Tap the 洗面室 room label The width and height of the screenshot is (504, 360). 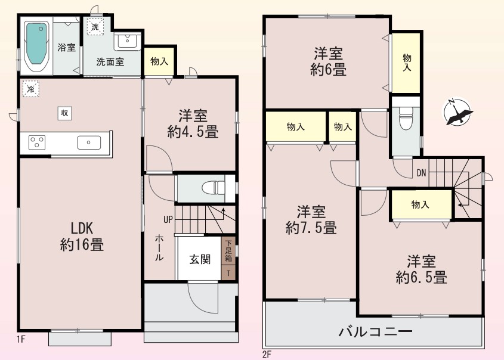tap(110, 61)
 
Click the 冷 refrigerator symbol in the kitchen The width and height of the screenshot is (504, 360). tap(31, 89)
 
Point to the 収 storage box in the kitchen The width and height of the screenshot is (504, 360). tap(64, 113)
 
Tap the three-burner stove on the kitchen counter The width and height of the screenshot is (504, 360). tap(37, 142)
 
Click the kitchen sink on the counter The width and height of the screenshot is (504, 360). tap(89, 142)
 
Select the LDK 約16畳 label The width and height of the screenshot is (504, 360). tap(82, 237)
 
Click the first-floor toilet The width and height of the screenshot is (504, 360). tap(214, 188)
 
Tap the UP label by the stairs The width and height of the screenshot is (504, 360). tap(168, 220)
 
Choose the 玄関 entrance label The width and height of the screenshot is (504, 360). tap(200, 259)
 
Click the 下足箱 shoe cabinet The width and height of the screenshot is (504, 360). tap(228, 250)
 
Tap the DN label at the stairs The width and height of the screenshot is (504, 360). tap(421, 173)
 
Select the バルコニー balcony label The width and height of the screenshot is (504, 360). tap(375, 331)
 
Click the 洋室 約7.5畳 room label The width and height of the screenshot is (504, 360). tap(311, 220)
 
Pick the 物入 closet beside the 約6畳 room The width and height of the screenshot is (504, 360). tap(407, 63)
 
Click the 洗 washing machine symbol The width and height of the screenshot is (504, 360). tap(95, 27)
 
